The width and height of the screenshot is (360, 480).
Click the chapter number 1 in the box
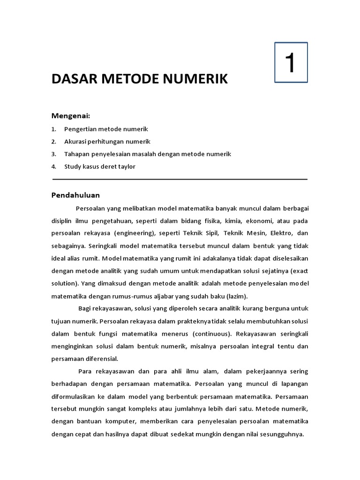tap(291, 63)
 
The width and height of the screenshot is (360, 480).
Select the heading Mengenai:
tap(70, 116)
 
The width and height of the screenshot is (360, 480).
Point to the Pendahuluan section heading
tap(75, 195)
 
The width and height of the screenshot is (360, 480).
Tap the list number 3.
tap(53, 154)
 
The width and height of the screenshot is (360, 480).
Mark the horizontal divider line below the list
tap(180, 179)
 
